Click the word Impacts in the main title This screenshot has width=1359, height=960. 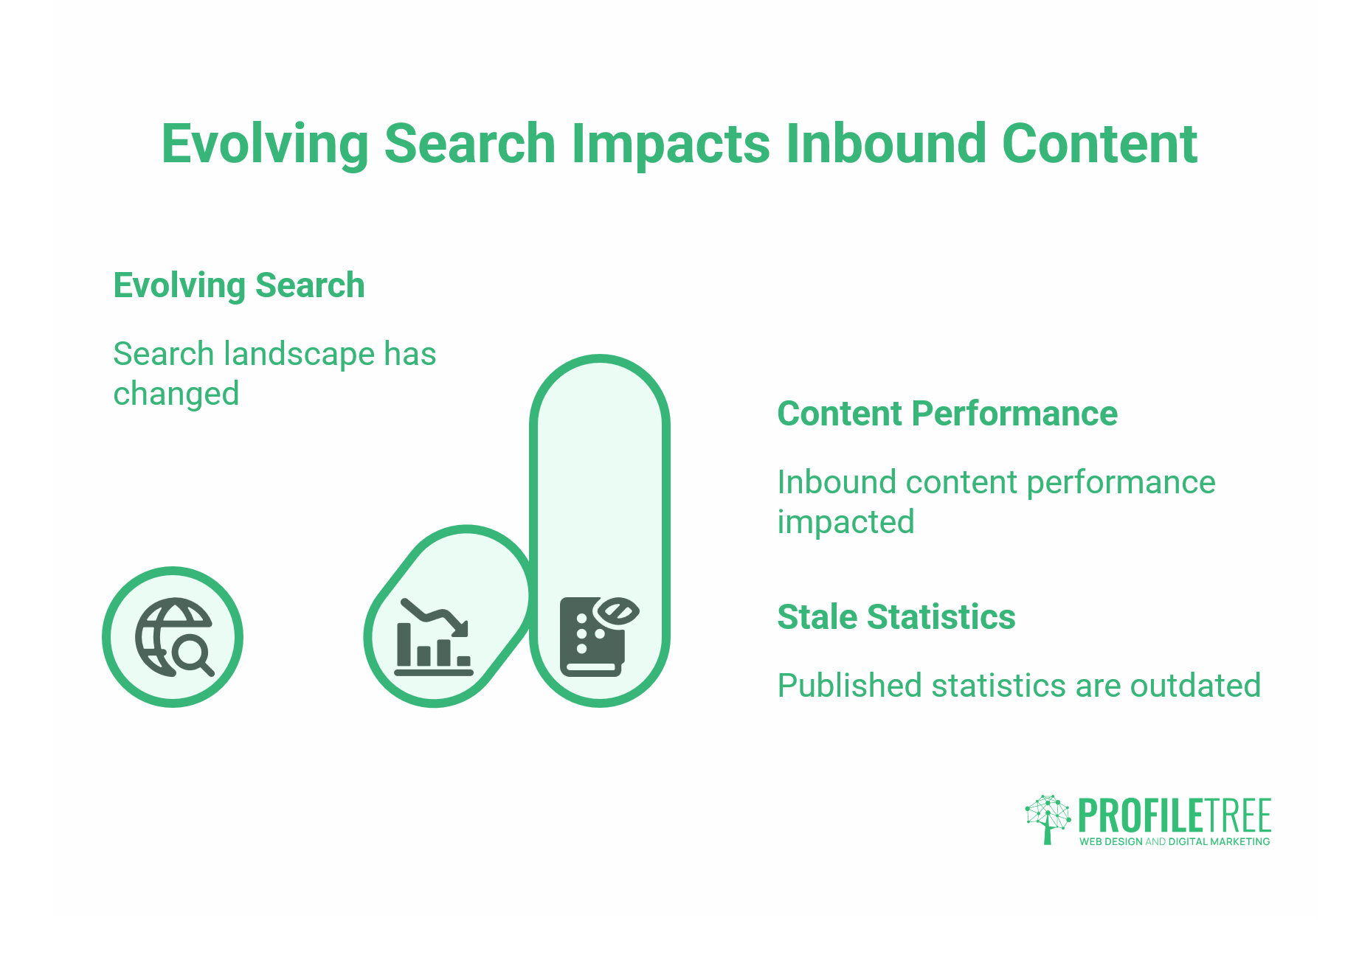tap(671, 144)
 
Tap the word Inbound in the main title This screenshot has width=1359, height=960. tap(885, 144)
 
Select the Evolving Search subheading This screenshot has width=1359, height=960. tap(238, 285)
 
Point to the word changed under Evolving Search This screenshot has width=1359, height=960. tap(176, 394)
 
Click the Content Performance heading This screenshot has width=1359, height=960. tap(947, 414)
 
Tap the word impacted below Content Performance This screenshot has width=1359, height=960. tap(846, 523)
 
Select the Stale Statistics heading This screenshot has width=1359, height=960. tap(896, 617)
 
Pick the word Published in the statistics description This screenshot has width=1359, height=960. tap(850, 686)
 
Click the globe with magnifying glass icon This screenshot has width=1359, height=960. tap(173, 637)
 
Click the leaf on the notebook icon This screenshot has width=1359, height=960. tap(617, 612)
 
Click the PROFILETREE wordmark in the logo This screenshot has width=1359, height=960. tap(1175, 815)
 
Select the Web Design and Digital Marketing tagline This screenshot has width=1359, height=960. tap(1175, 842)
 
